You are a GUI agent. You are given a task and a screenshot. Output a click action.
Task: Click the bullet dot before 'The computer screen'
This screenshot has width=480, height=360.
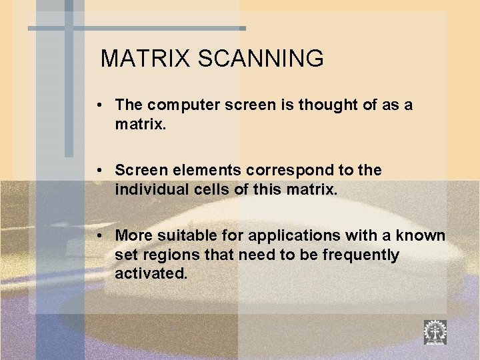click(x=98, y=105)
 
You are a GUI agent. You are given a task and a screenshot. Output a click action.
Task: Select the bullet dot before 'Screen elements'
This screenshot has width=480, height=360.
click(x=98, y=171)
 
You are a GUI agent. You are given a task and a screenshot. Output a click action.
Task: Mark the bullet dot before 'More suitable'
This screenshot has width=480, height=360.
click(x=98, y=235)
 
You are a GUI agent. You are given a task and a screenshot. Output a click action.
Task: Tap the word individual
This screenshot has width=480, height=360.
click(x=147, y=190)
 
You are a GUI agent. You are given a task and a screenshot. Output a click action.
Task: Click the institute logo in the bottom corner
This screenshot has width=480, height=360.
click(x=435, y=332)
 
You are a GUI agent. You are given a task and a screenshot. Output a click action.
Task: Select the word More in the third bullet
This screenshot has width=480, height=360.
click(x=133, y=235)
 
